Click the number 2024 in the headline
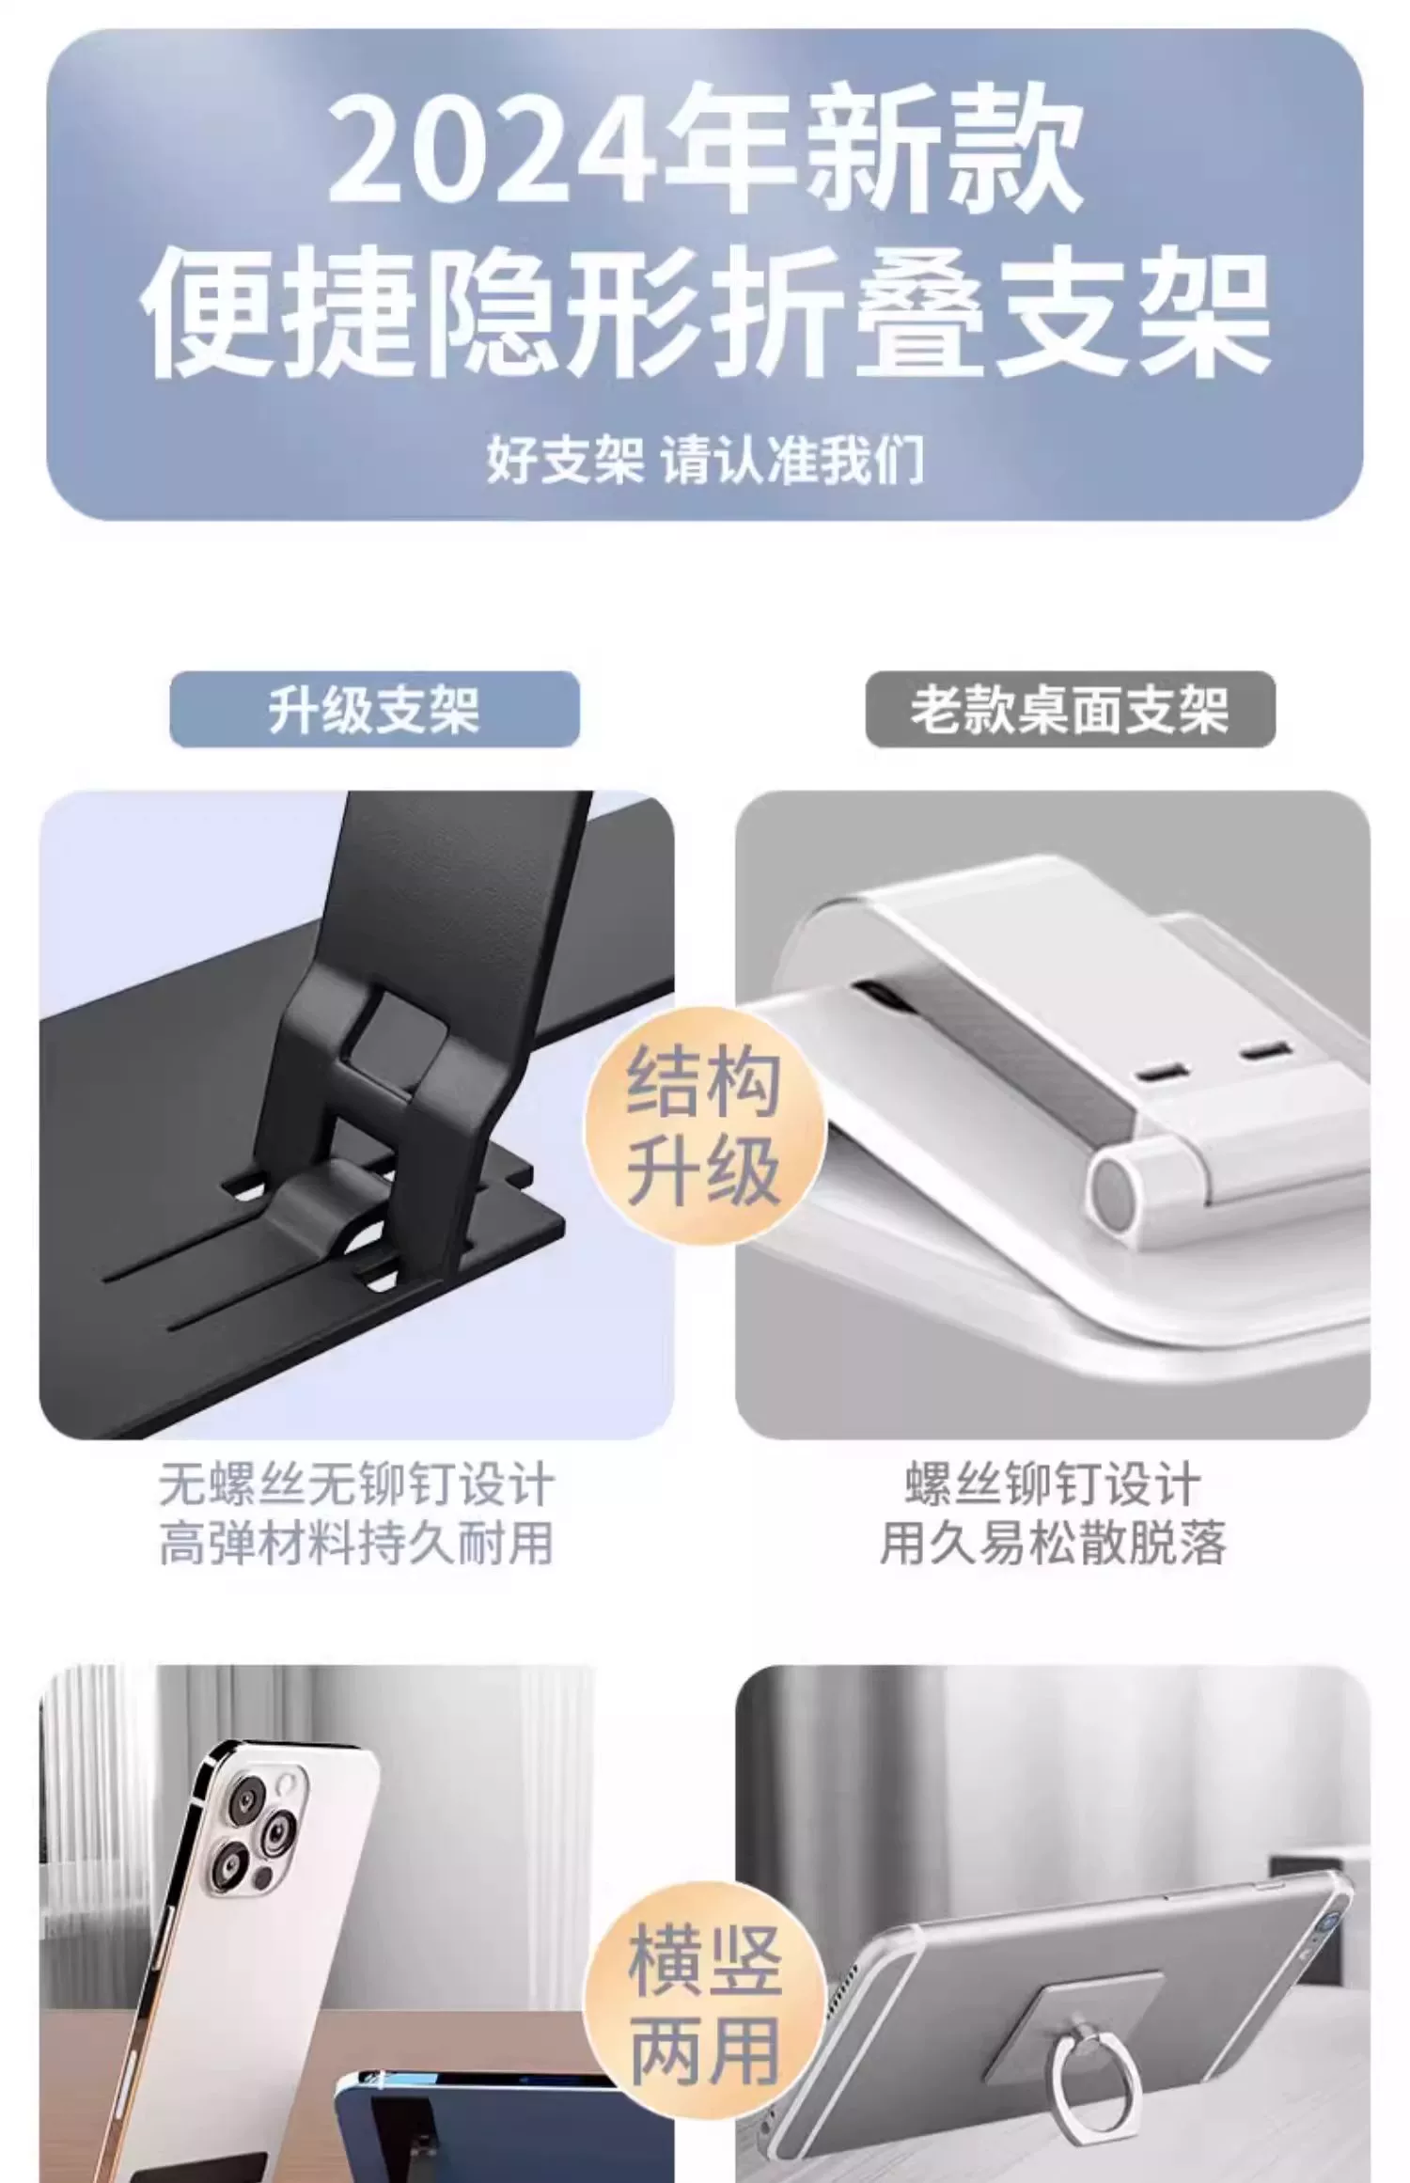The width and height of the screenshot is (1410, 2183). tap(493, 149)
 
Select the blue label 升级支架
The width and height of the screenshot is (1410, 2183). tap(374, 709)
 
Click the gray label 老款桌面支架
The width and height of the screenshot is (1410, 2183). tap(1070, 709)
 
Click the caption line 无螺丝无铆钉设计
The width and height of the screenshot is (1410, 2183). tap(356, 1484)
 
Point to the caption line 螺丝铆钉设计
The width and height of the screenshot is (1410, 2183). tap(1053, 1484)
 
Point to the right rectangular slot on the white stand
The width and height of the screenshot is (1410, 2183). tap(1264, 1050)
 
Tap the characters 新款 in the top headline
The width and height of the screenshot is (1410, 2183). tap(941, 149)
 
